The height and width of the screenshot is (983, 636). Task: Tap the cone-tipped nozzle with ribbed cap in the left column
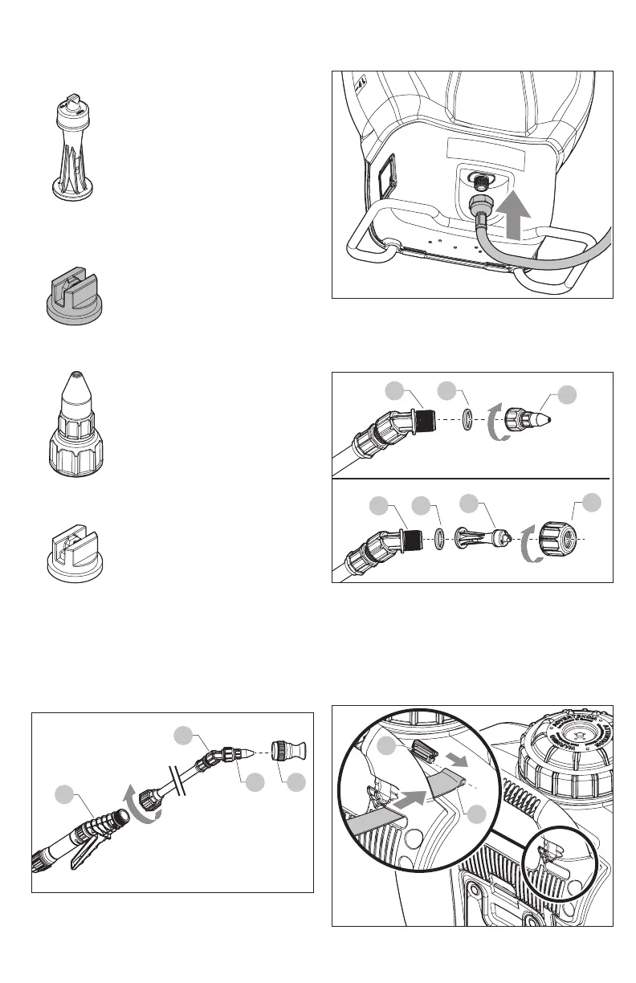click(x=73, y=418)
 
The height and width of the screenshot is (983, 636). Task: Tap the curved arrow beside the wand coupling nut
click(x=145, y=803)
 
